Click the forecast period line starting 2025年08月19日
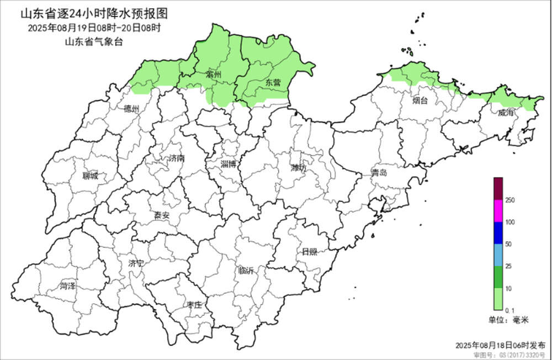point(94,28)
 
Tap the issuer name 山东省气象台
point(94,41)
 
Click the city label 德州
point(132,109)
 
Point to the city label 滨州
point(213,74)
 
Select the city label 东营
point(273,82)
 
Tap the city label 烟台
point(420,100)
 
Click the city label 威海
point(506,113)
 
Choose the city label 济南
point(177,158)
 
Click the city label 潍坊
point(299,168)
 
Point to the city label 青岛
point(379,173)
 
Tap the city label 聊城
point(90,176)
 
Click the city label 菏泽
point(68,286)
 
